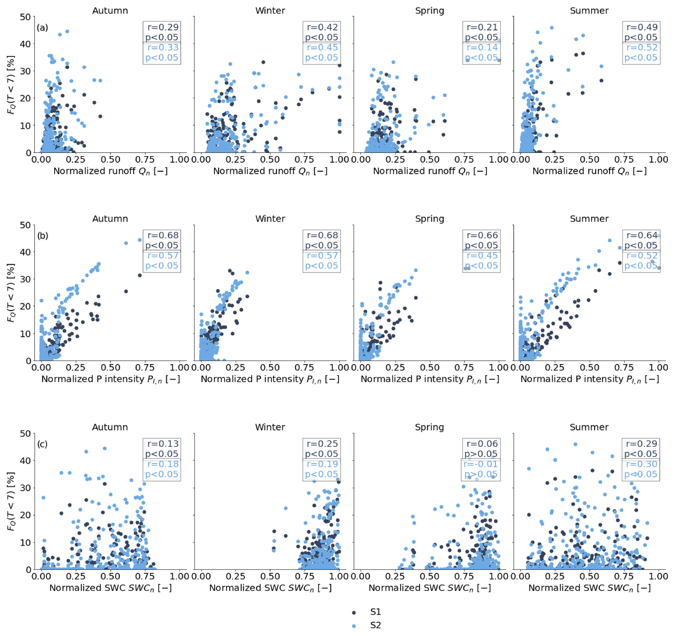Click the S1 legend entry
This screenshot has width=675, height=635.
pyautogui.click(x=375, y=612)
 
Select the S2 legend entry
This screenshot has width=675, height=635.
pyautogui.click(x=375, y=625)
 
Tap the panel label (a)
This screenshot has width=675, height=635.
pyautogui.click(x=42, y=27)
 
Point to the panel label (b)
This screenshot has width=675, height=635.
pyautogui.click(x=42, y=236)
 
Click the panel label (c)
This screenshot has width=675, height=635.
pyautogui.click(x=42, y=444)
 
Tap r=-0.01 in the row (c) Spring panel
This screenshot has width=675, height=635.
pyautogui.click(x=481, y=464)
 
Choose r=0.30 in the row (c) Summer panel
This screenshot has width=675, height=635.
pyautogui.click(x=641, y=464)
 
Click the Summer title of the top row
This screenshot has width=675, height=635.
pyautogui.click(x=589, y=11)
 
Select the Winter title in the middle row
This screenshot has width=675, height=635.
pyautogui.click(x=270, y=219)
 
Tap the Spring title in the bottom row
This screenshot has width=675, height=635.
pyautogui.click(x=429, y=427)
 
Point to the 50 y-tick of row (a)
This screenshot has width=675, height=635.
pyautogui.click(x=25, y=17)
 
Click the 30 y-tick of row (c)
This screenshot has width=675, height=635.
pyautogui.click(x=25, y=488)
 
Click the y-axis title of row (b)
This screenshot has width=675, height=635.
pyautogui.click(x=11, y=293)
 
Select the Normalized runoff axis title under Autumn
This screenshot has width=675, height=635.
pyautogui.click(x=110, y=171)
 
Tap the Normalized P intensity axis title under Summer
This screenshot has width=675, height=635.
pyautogui.click(x=589, y=379)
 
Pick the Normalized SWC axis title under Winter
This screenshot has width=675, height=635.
pyautogui.click(x=270, y=588)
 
